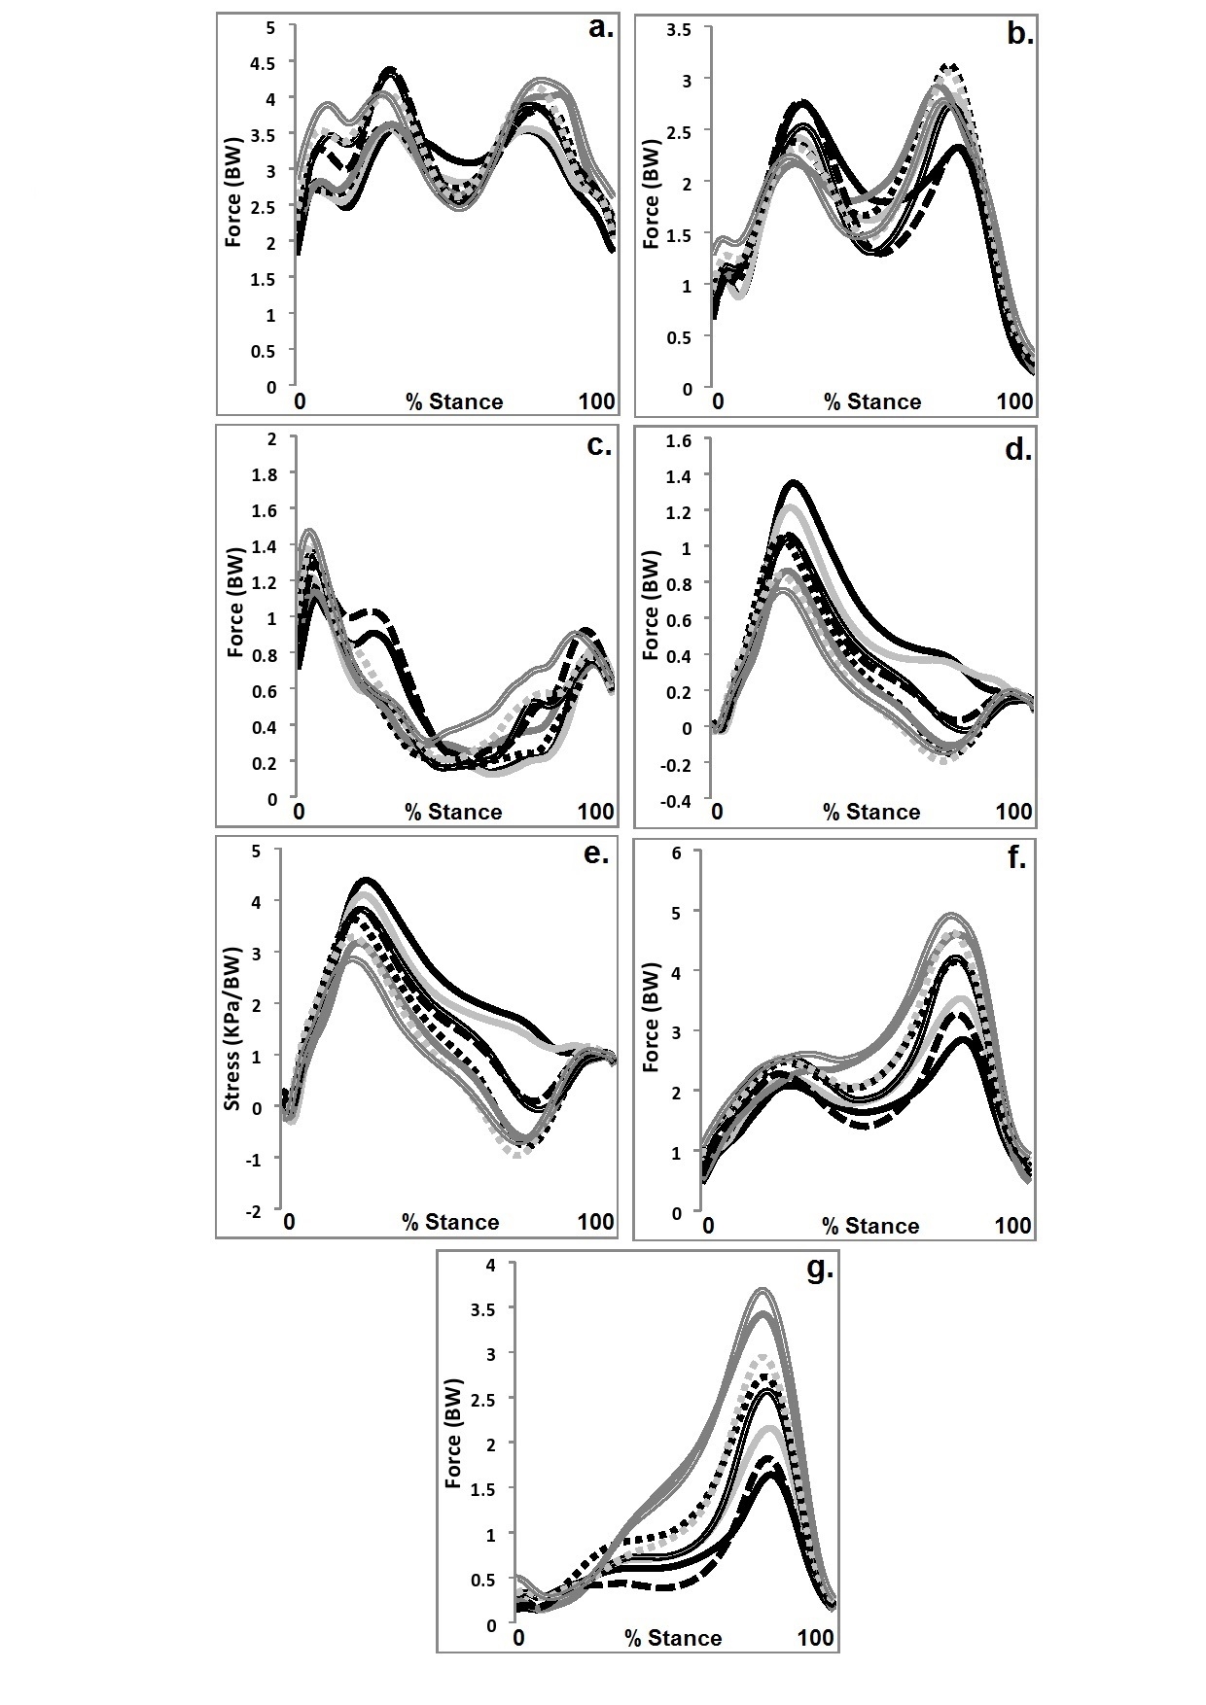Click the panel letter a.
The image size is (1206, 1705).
pos(601,28)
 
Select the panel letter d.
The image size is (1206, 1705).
pos(1017,450)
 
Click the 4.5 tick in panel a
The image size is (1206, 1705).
pos(263,63)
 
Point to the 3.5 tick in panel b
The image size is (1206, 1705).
pos(679,30)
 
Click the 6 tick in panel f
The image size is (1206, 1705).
pos(675,852)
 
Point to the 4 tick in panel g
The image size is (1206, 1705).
pos(491,1265)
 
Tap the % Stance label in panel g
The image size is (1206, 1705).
pos(673,1639)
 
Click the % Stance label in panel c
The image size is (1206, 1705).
pos(453,813)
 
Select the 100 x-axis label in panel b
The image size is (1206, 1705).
pos(1014,401)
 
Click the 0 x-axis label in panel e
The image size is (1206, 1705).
pos(289,1223)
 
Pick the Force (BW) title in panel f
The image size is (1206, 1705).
pos(652,1017)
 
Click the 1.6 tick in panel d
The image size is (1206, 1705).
pos(677,440)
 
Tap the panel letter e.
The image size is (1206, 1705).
pos(596,856)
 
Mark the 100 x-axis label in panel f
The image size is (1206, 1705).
pos(1012,1225)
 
